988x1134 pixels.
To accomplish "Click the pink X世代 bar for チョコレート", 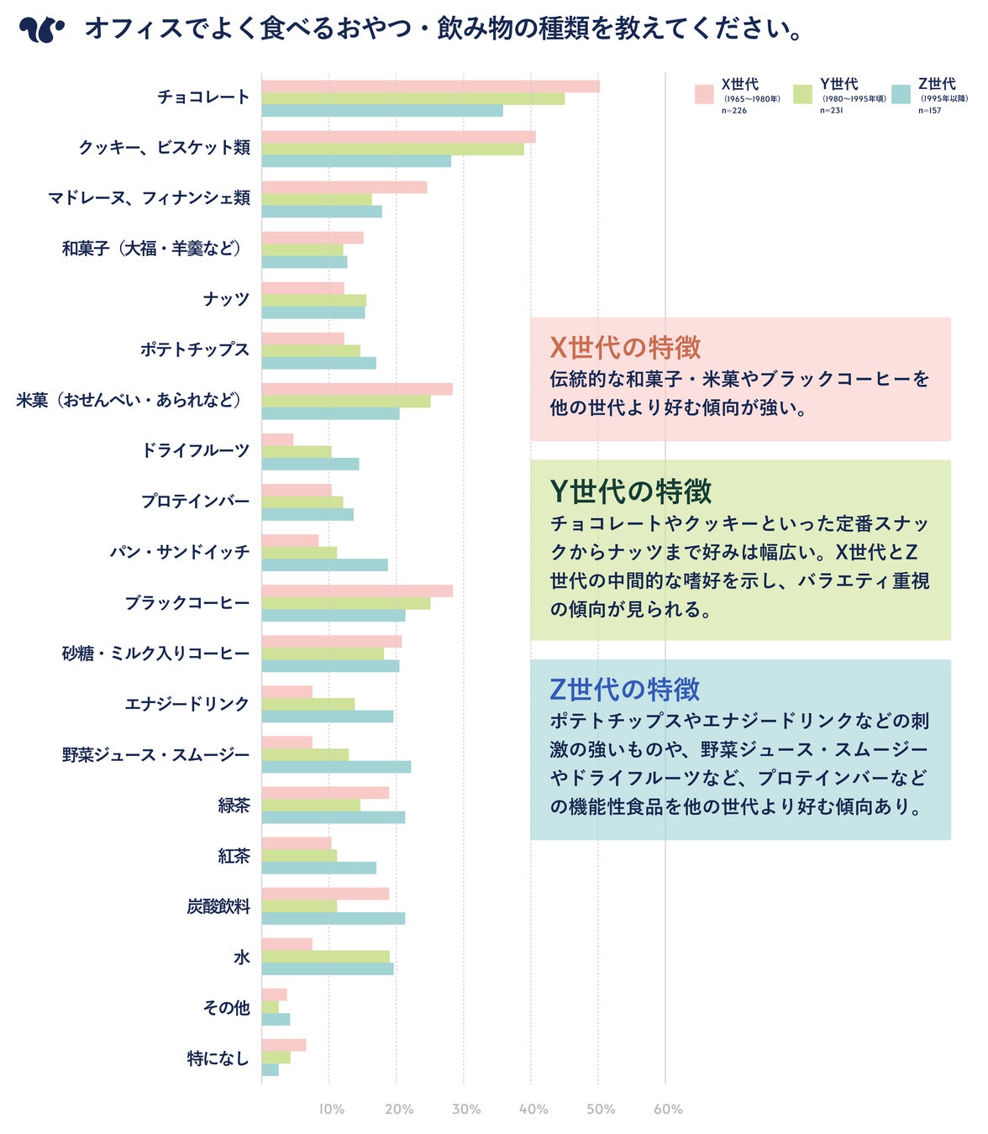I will coord(430,86).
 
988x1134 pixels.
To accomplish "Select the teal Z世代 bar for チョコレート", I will coord(381,111).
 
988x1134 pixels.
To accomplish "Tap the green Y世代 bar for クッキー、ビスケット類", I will coord(392,149).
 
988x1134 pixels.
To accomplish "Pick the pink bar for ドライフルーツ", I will coord(277,439).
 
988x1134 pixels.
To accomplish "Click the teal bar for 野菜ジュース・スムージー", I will coord(336,767).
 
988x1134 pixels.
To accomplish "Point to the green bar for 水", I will coord(325,956).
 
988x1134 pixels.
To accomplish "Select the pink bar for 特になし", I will coord(283,1045).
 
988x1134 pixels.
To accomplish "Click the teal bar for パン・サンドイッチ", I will coord(324,565).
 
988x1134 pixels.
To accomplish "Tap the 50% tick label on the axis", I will coord(601,1110).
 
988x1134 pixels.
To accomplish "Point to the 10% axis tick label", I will coord(331,1110).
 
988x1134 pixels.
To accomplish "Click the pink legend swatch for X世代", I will coord(704,94).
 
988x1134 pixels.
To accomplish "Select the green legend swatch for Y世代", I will coord(802,94).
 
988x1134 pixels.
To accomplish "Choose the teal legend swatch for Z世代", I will coord(901,94).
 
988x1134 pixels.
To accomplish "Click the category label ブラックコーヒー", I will coord(187,603).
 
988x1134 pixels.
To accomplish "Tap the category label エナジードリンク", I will coord(187,704).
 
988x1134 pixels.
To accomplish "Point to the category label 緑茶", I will coord(234,806).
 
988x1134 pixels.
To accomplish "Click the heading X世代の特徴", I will coord(625,348).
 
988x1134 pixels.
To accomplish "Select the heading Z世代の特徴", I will coord(624,690).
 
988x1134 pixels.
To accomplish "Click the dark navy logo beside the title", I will coord(41,30).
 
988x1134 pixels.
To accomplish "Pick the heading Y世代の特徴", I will coord(630,491).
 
